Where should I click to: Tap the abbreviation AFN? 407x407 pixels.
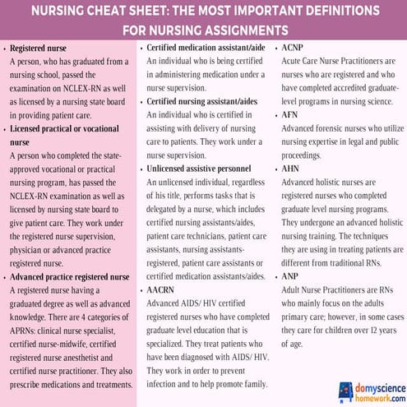pyautogui.click(x=290, y=116)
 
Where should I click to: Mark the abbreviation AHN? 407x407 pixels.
pyautogui.click(x=290, y=169)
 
